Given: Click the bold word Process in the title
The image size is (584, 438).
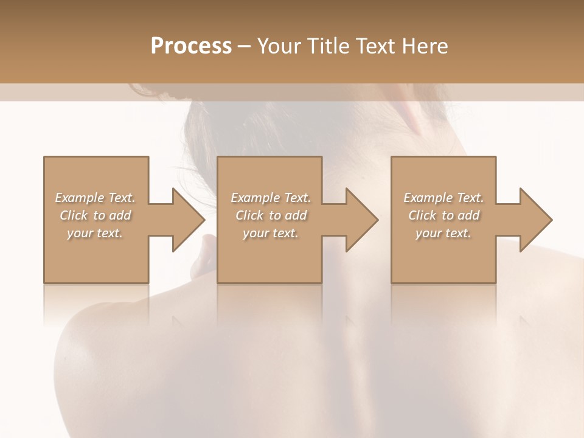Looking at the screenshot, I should tap(191, 46).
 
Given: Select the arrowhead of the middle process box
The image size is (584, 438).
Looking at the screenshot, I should tap(361, 220).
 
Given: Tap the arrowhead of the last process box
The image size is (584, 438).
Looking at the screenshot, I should tap(535, 220).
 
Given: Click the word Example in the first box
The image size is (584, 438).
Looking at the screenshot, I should tap(80, 198).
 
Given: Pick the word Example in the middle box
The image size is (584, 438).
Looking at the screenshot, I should tap(255, 198).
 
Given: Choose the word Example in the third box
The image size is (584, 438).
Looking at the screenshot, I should tap(428, 198).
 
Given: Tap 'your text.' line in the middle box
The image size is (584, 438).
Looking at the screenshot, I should tap(270, 233).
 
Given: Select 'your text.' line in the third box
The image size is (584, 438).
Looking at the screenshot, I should tap(443, 233).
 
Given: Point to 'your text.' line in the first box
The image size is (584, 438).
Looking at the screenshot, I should tap(94, 233).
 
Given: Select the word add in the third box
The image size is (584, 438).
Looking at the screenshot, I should tap(470, 215).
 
